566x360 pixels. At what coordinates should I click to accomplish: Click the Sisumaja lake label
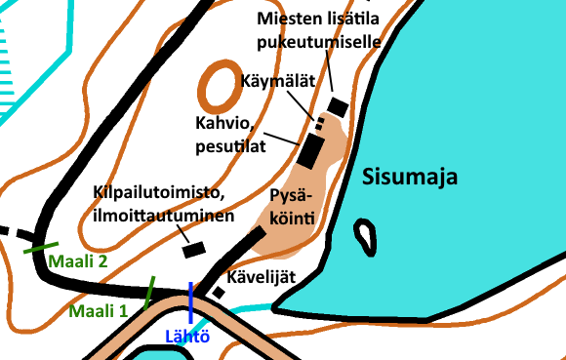click(409, 177)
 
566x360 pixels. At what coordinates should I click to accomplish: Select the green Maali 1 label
click(99, 311)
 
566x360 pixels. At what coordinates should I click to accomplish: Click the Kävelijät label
click(261, 278)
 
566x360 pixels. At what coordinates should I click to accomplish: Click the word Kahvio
click(224, 124)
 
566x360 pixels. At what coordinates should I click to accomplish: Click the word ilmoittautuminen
click(165, 216)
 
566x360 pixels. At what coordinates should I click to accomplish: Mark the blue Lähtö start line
click(190, 301)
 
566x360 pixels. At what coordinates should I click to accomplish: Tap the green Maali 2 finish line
click(41, 247)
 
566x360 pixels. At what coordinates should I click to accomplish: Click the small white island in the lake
click(365, 234)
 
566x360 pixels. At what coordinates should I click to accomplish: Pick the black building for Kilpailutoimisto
click(194, 250)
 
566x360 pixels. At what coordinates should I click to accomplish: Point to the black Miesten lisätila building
click(338, 105)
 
